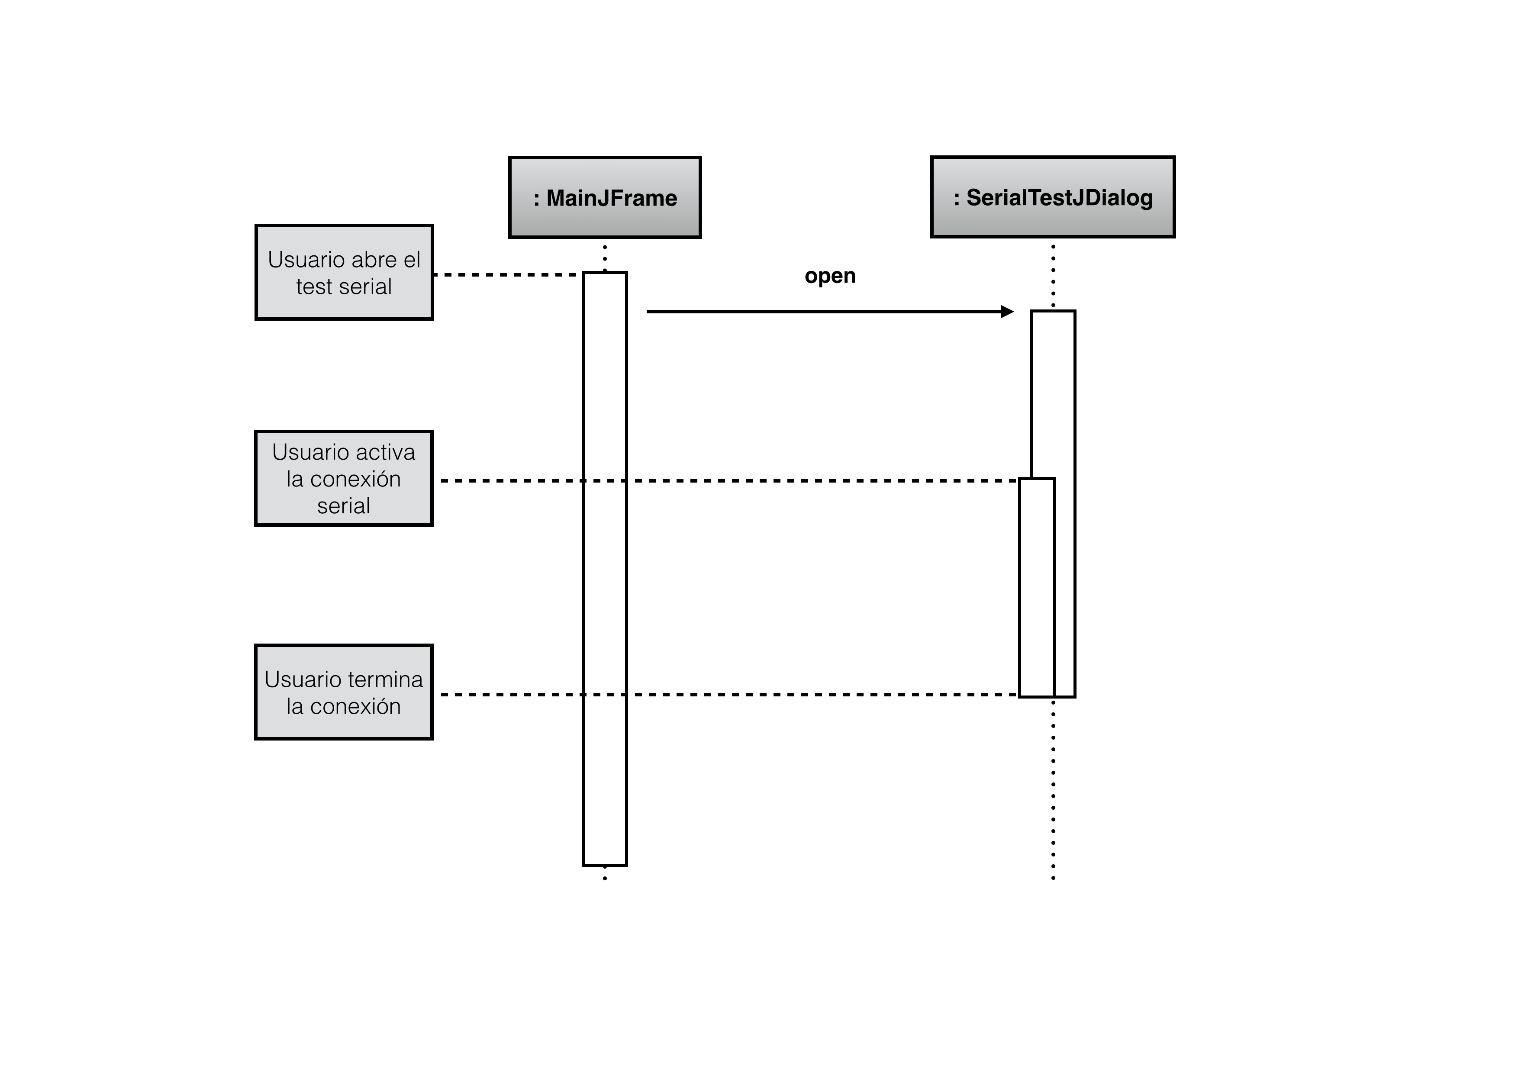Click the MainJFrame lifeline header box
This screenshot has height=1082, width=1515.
(x=605, y=197)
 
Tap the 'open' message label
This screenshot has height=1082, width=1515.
(x=830, y=276)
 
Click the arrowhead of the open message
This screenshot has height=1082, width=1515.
(x=1007, y=311)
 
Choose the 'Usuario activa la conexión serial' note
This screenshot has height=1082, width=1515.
(x=344, y=478)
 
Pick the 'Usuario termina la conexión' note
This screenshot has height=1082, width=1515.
(x=344, y=692)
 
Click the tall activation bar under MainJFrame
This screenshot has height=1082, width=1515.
(x=605, y=568)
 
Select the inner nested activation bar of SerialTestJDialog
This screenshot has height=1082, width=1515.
(x=1037, y=587)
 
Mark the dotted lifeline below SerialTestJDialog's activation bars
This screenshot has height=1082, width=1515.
(x=1053, y=789)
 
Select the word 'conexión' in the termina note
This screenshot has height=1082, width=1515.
(x=356, y=706)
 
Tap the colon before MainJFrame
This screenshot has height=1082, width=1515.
(x=536, y=199)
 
